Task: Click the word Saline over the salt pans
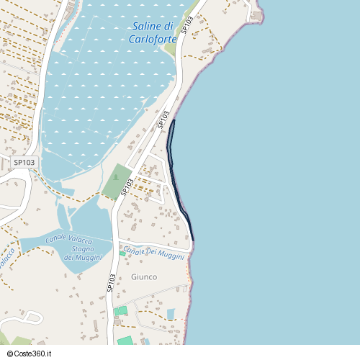click(145, 27)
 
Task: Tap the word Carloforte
click(153, 39)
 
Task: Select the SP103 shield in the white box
click(24, 163)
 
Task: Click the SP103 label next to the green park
click(128, 187)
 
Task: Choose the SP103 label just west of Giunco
click(112, 282)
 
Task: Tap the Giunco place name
click(144, 276)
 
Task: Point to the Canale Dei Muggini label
click(154, 253)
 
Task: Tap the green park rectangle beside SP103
click(115, 182)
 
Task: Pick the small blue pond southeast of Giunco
click(171, 314)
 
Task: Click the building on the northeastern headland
click(257, 16)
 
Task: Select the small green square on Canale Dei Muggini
click(122, 253)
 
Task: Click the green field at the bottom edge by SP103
click(125, 341)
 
